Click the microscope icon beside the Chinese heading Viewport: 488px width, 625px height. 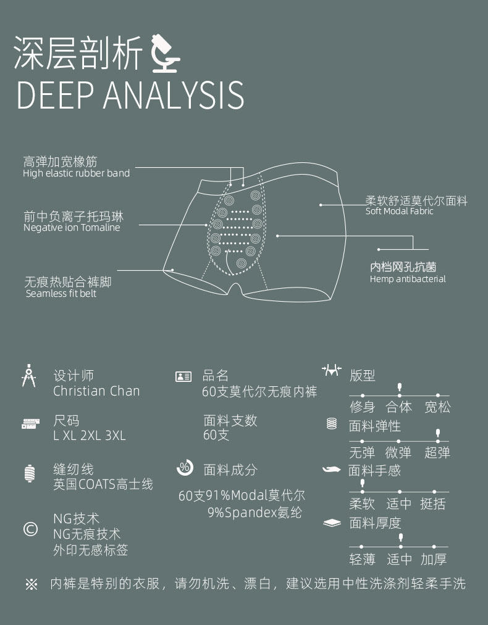pyautogui.click(x=166, y=53)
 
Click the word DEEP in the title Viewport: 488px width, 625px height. pyautogui.click(x=55, y=95)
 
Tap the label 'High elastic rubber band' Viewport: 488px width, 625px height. pyautogui.click(x=76, y=173)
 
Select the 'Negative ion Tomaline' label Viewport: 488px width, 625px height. pyautogui.click(x=72, y=228)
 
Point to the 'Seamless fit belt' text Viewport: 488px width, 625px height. pyautogui.click(x=61, y=294)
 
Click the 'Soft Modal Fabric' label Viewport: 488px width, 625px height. pyautogui.click(x=400, y=211)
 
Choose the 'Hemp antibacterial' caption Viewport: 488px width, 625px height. pyautogui.click(x=408, y=279)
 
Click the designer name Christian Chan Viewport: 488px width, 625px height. pyautogui.click(x=96, y=391)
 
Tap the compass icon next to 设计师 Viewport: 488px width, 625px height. pyautogui.click(x=29, y=376)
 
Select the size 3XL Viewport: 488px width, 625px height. pyautogui.click(x=116, y=435)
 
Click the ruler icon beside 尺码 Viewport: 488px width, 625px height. pyautogui.click(x=31, y=424)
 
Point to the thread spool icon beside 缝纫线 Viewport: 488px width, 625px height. pyautogui.click(x=30, y=474)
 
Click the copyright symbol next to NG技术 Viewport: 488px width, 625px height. pyautogui.click(x=31, y=529)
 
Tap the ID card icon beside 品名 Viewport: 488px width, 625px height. pyautogui.click(x=183, y=377)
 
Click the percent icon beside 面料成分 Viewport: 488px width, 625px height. pyautogui.click(x=185, y=468)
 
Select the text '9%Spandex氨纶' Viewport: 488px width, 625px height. pyautogui.click(x=255, y=513)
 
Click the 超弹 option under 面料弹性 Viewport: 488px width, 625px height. pyautogui.click(x=437, y=453)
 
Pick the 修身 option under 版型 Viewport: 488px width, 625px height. pyautogui.click(x=363, y=407)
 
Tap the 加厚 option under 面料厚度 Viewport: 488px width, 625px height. pyautogui.click(x=434, y=559)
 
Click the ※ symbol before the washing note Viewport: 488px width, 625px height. pyautogui.click(x=32, y=584)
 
